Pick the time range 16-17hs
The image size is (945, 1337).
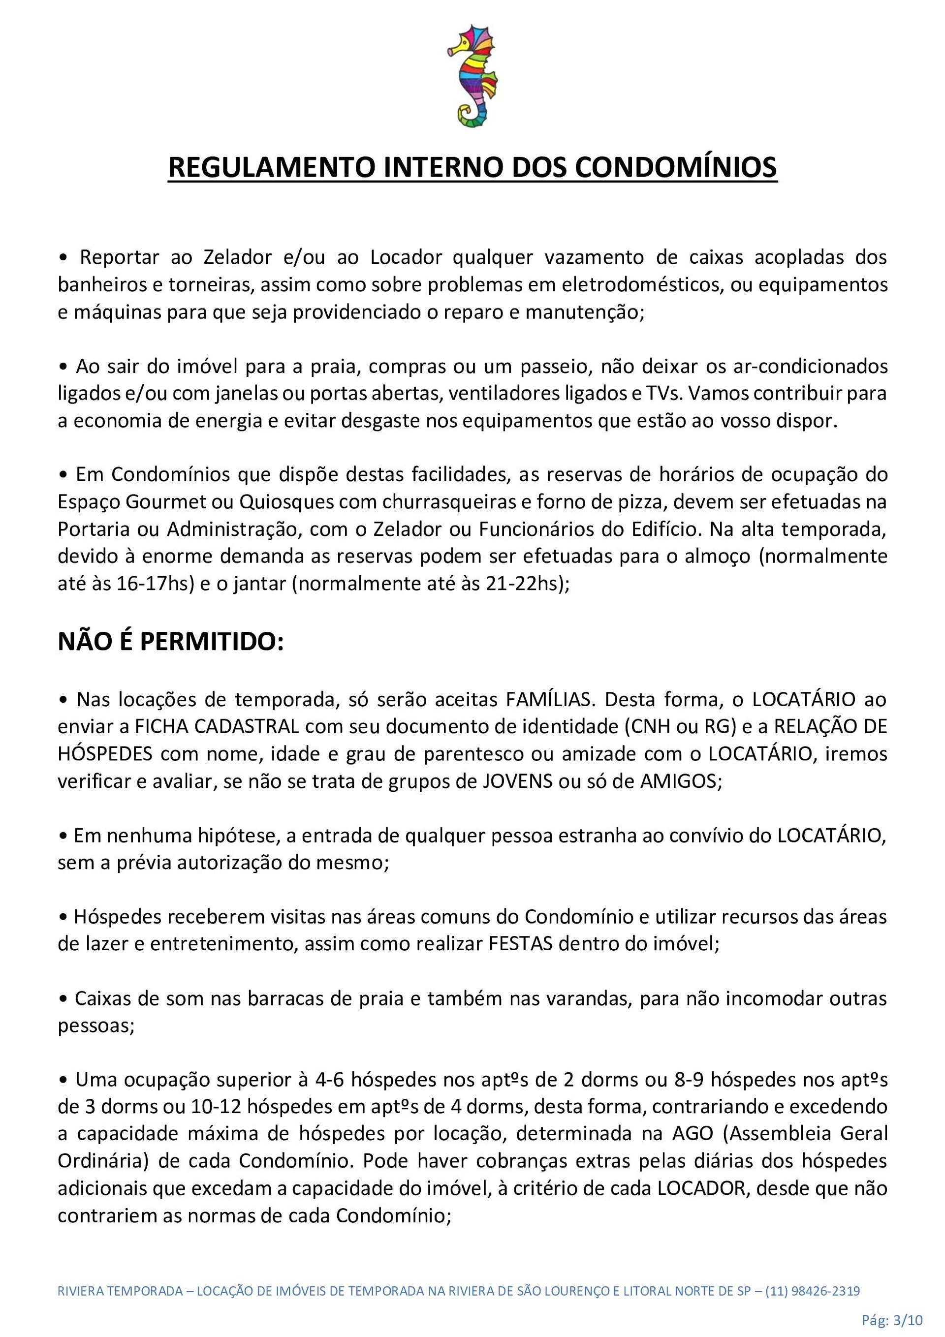click(156, 584)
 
